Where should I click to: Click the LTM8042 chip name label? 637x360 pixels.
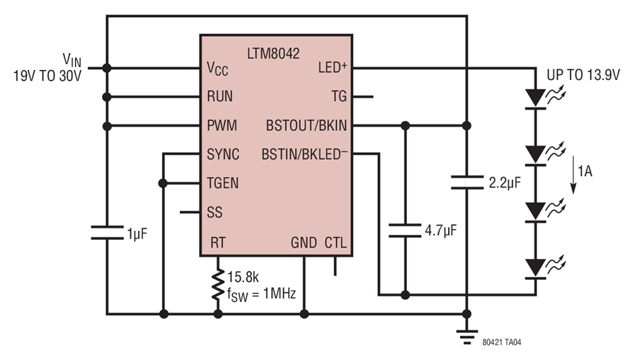tap(273, 54)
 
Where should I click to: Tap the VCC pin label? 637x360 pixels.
tap(217, 68)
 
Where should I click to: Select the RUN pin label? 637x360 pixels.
tap(220, 97)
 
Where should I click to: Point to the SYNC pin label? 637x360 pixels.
tap(223, 154)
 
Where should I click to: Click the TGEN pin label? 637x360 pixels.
tap(223, 183)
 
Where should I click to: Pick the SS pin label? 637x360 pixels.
tap(214, 212)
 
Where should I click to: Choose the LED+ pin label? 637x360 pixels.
tap(333, 67)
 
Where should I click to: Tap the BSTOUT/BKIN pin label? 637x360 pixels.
tap(306, 125)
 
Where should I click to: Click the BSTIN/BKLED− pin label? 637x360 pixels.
tap(304, 154)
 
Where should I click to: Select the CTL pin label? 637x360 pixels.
tap(335, 243)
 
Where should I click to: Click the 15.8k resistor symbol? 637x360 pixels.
tap(218, 284)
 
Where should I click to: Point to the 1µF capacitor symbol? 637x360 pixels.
tap(107, 233)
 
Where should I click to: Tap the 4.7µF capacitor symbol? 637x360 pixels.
tap(405, 231)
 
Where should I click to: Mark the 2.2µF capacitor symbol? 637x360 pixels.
tap(467, 182)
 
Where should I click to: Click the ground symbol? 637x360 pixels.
tap(467, 337)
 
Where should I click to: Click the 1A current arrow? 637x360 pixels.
tap(573, 175)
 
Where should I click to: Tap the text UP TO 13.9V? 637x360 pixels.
tap(583, 75)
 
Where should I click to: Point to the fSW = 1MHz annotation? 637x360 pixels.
tap(261, 294)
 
